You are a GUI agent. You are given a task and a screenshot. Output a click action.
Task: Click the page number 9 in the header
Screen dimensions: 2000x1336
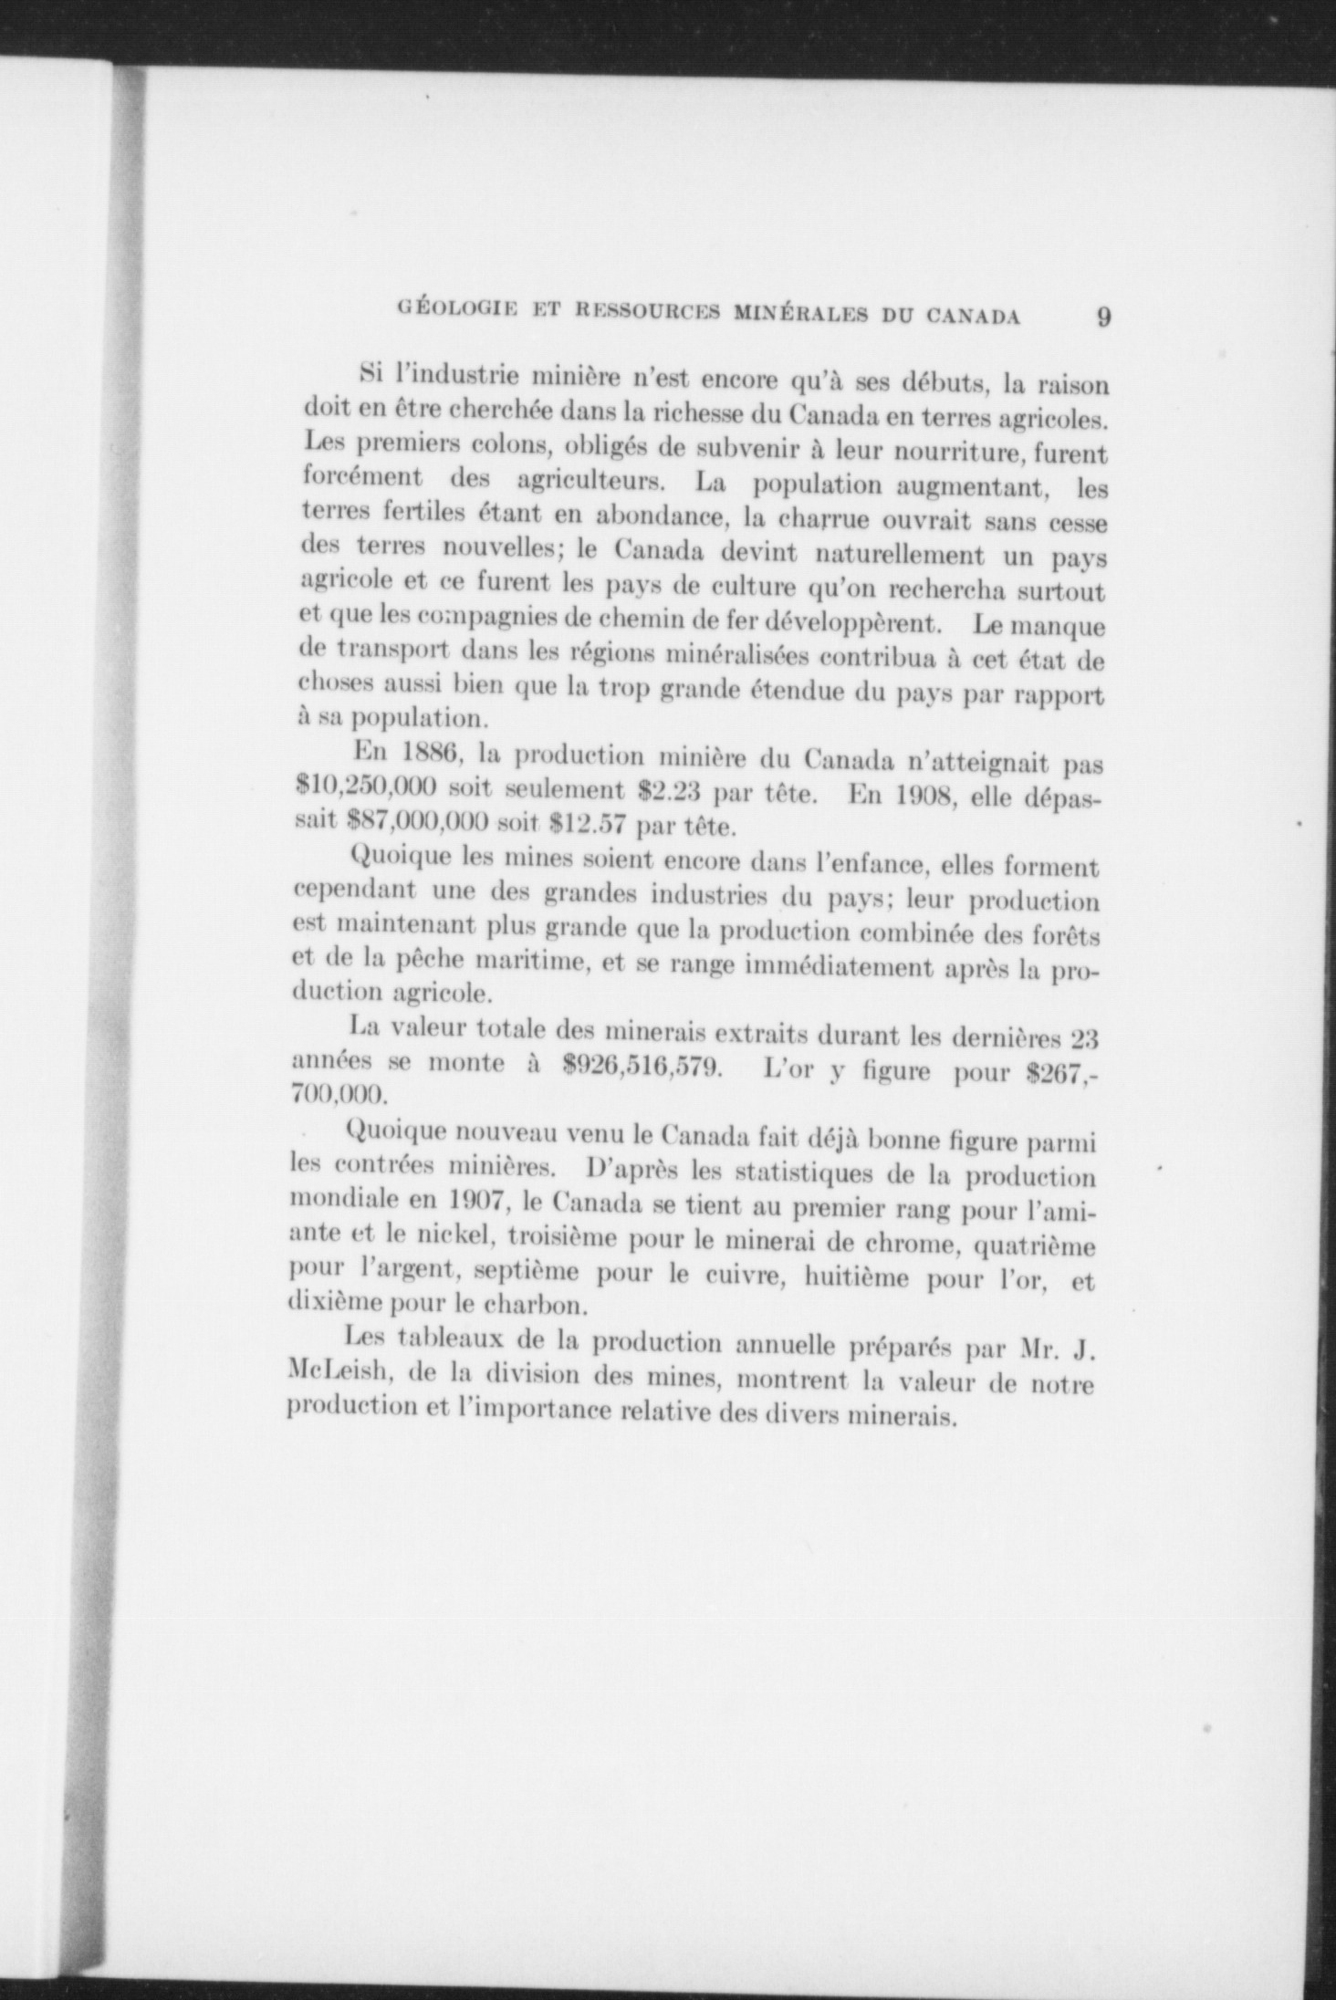click(x=1102, y=317)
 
